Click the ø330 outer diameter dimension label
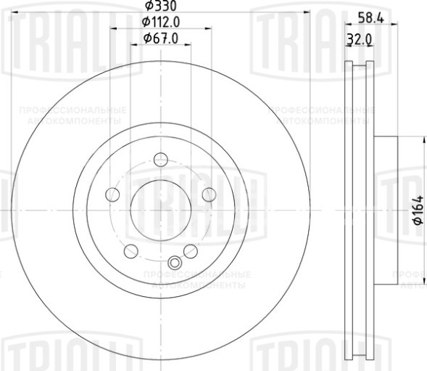point(160,7)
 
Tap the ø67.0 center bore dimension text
point(160,37)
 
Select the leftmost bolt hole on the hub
point(112,194)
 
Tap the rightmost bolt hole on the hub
point(210,194)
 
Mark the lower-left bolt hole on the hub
point(131,251)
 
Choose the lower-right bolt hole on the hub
point(191,251)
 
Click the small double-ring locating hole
point(174,263)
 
